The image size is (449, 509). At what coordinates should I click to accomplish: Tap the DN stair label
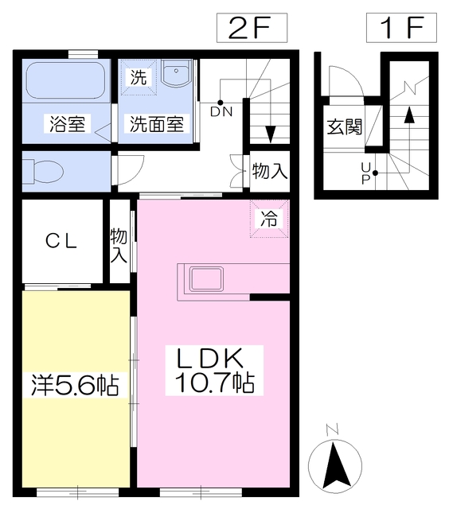pyautogui.click(x=221, y=111)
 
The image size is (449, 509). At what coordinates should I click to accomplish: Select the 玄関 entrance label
pyautogui.click(x=344, y=126)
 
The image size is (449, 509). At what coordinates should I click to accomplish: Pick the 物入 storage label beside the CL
pyautogui.click(x=119, y=245)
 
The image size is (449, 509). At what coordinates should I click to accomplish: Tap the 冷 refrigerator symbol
pyautogui.click(x=271, y=220)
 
